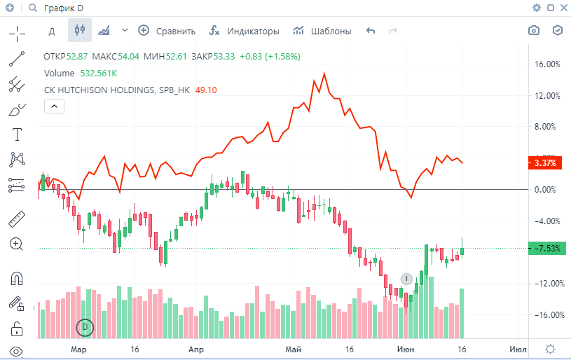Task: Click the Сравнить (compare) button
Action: click(167, 31)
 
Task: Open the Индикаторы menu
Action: click(245, 31)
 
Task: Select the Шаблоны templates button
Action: click(322, 31)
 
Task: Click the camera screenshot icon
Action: click(534, 31)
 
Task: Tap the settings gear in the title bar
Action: click(537, 8)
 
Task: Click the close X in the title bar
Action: click(562, 8)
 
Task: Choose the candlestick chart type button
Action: click(79, 31)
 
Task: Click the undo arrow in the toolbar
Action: click(371, 31)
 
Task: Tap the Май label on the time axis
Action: click(294, 349)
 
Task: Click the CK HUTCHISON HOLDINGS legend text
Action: click(117, 90)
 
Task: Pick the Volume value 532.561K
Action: click(99, 73)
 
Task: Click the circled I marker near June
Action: click(406, 279)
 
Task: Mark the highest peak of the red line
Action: click(324, 73)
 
